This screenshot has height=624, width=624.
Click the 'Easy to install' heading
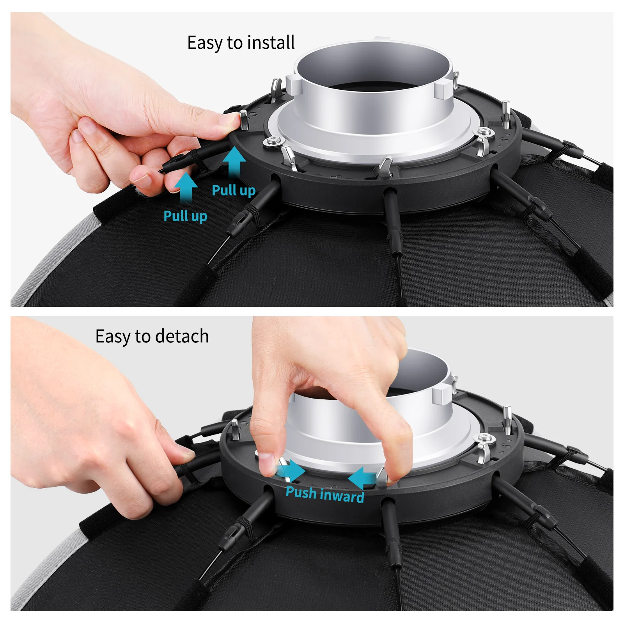241,43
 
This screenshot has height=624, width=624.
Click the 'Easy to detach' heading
152,337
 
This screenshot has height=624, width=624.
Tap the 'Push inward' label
324,495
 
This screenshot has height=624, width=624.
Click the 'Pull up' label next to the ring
233,190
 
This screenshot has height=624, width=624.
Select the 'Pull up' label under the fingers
185,216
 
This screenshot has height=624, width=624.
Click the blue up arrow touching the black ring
234,161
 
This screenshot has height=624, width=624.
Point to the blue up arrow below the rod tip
186,187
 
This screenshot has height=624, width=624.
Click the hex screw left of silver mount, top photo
273,141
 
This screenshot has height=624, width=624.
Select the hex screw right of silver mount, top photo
486,133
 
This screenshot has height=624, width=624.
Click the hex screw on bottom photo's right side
486,438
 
